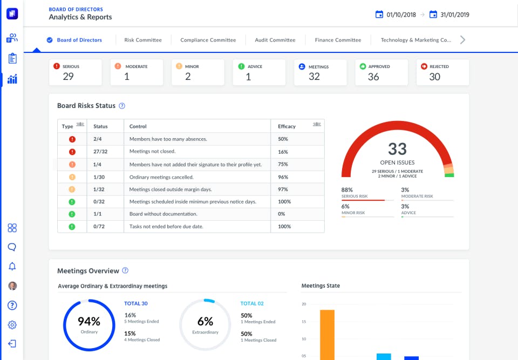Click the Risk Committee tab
(x=143, y=40)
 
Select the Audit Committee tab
(x=275, y=40)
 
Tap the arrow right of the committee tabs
(x=462, y=40)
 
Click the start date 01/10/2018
(x=401, y=15)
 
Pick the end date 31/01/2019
(x=454, y=15)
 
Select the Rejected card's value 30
(x=434, y=77)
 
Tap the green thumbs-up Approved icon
(x=364, y=66)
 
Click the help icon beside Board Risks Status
(x=122, y=106)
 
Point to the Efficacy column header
(x=287, y=126)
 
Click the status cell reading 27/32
(x=101, y=152)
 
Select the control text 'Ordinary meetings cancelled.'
(x=161, y=177)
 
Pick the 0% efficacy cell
(x=282, y=214)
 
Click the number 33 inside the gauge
(x=397, y=149)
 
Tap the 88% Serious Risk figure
(x=347, y=190)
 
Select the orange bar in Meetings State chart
(x=327, y=335)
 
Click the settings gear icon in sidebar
(x=12, y=324)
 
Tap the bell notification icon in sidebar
(x=12, y=266)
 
